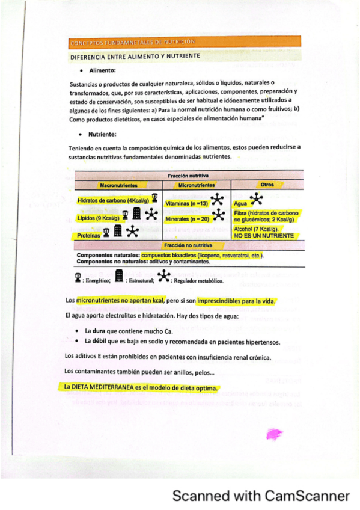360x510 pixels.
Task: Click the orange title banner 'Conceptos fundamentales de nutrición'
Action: (x=185, y=41)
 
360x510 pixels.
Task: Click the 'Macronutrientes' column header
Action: (x=118, y=185)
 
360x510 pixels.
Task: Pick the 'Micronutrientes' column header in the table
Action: (x=197, y=185)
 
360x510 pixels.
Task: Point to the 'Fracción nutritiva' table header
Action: (x=188, y=175)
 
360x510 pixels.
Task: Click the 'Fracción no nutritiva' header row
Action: (x=189, y=245)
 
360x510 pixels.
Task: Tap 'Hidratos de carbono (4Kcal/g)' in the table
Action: (x=113, y=200)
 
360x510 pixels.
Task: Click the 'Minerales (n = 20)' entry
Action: (x=187, y=219)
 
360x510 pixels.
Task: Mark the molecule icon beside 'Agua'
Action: (x=256, y=199)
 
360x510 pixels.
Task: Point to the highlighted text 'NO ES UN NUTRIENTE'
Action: (x=264, y=236)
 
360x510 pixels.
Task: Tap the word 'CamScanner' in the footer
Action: (x=308, y=496)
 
